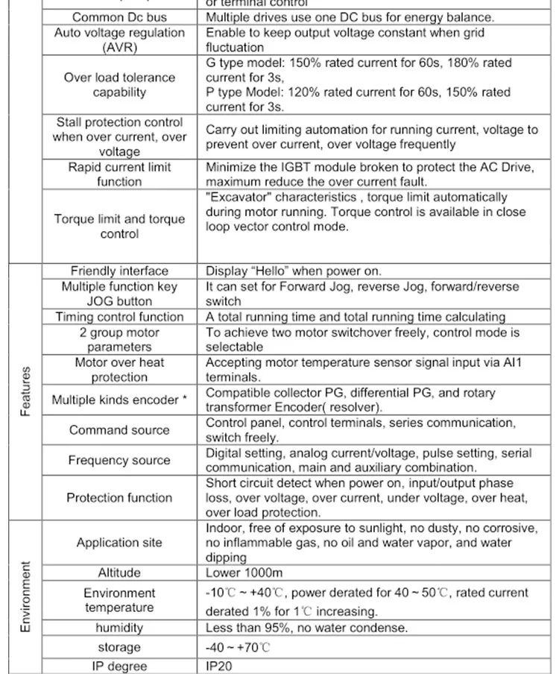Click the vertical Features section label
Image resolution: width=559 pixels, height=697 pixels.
(25, 391)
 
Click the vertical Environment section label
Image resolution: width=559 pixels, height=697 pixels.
(25, 597)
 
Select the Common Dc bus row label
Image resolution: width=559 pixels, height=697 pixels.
(119, 17)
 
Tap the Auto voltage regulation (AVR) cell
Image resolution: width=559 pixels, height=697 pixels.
(119, 40)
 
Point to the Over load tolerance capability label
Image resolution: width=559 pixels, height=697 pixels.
(119, 85)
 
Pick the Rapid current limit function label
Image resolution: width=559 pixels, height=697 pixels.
(119, 174)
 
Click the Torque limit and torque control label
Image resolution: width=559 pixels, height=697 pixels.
(119, 227)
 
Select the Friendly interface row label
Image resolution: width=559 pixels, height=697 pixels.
(119, 271)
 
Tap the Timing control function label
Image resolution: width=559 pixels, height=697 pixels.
(119, 317)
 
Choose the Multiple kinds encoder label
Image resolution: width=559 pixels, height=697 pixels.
(119, 400)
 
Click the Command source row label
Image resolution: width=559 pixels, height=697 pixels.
(119, 430)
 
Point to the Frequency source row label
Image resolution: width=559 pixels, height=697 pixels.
(119, 461)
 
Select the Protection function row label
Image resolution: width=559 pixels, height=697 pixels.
(119, 498)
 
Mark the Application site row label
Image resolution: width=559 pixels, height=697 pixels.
(119, 543)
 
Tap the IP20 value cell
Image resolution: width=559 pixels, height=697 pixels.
(219, 666)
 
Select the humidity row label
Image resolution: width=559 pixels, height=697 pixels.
(119, 628)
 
